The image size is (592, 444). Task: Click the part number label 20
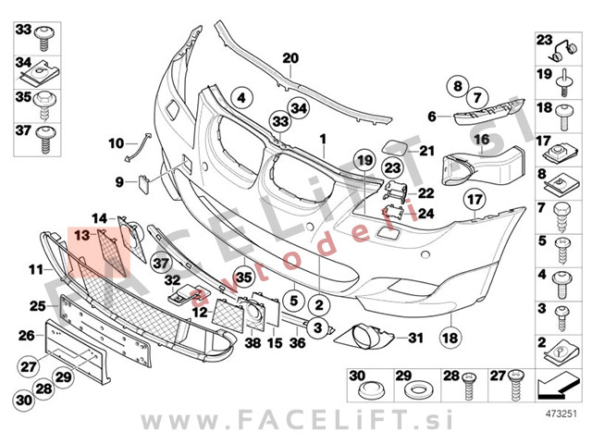[x=290, y=58]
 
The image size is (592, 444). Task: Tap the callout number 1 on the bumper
[x=324, y=139]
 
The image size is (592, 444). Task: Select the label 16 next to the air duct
[x=482, y=140]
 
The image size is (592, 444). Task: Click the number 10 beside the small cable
[x=116, y=143]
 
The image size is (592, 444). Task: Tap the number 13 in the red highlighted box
[x=83, y=236]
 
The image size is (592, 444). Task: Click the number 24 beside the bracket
[x=425, y=214]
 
